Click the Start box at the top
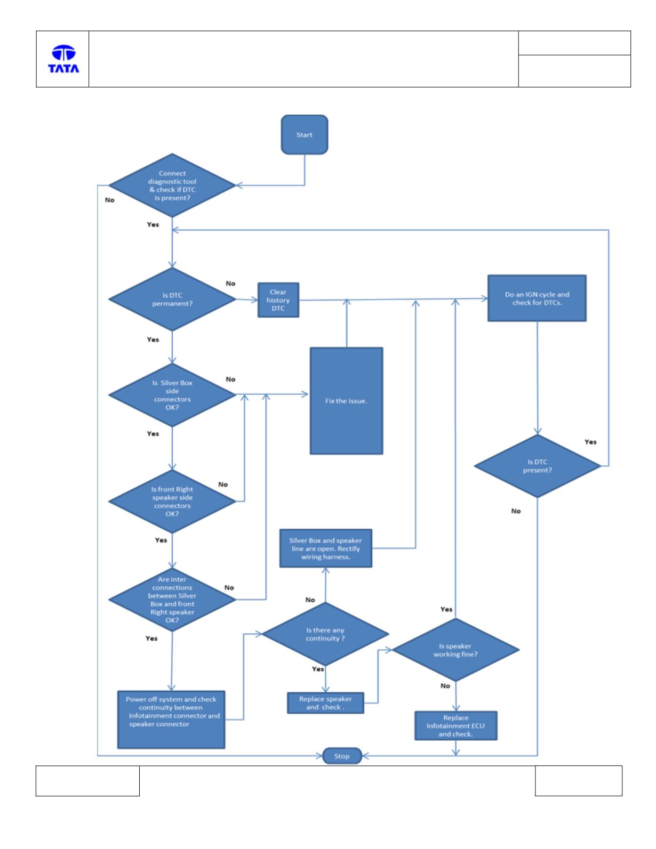click(304, 134)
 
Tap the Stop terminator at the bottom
click(342, 756)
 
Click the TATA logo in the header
click(63, 59)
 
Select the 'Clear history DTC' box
click(278, 300)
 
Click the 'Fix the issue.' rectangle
click(346, 400)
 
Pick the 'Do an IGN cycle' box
click(537, 298)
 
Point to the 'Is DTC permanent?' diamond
click(172, 300)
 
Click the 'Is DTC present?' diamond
click(537, 466)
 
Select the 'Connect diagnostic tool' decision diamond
click(172, 185)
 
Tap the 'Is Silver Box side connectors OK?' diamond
click(172, 394)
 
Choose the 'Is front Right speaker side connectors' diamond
click(172, 502)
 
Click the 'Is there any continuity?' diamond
click(325, 634)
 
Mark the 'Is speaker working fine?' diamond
click(455, 650)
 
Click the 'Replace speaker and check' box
click(325, 703)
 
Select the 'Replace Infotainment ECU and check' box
click(456, 725)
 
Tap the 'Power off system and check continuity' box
click(171, 719)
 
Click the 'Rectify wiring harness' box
click(326, 548)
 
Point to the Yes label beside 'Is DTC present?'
click(590, 442)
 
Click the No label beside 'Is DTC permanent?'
click(230, 283)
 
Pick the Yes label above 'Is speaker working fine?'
click(446, 609)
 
